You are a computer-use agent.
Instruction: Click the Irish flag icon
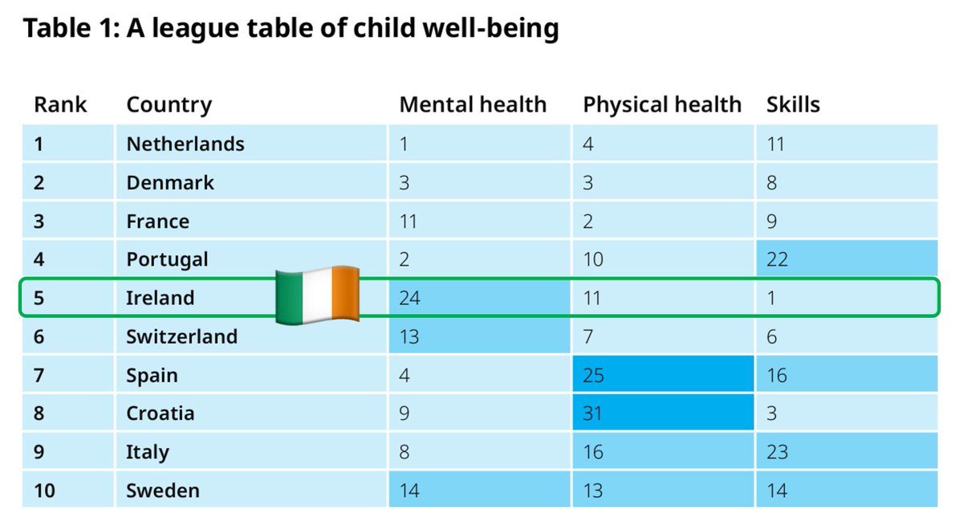[318, 295]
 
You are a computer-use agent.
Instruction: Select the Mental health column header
[472, 104]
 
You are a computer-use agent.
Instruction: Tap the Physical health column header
[661, 104]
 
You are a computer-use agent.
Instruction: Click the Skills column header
[792, 104]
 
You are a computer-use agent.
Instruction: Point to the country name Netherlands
[185, 144]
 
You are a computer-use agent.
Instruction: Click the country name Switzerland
[181, 336]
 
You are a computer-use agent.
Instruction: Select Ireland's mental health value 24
[409, 298]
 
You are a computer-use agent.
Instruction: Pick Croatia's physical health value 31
[594, 413]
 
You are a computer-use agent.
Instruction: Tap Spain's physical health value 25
[594, 375]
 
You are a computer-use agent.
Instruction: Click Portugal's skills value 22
[777, 259]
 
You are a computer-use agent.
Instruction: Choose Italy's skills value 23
[777, 452]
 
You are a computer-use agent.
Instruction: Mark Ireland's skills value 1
[771, 298]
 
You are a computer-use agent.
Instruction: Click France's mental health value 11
[408, 221]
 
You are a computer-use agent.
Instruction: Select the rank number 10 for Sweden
[44, 491]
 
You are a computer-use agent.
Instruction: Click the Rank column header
[60, 104]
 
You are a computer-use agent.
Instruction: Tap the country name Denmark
[170, 182]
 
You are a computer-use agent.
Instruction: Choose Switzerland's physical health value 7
[588, 336]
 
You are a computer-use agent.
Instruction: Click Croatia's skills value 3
[771, 413]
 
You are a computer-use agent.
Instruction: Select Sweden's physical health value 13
[594, 491]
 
